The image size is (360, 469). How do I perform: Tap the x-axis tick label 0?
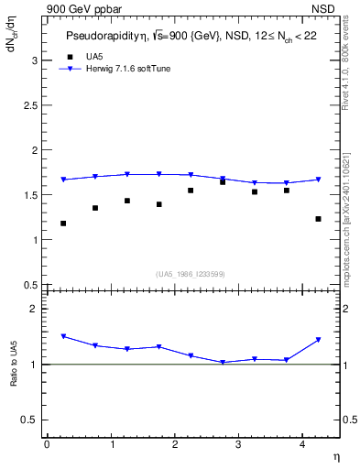[x=47, y=444]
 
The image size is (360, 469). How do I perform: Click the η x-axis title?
[x=334, y=456]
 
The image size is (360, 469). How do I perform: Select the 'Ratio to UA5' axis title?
[x=15, y=378]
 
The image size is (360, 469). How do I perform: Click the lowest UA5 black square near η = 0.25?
[x=63, y=224]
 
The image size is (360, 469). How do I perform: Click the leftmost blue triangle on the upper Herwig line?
[x=63, y=180]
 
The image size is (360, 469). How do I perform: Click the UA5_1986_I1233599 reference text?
[x=191, y=273]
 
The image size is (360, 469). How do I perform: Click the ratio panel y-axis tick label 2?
[x=34, y=309]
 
